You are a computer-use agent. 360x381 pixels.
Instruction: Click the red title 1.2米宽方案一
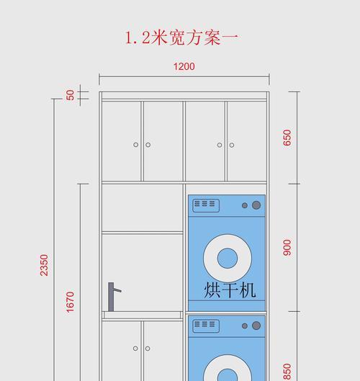pyautogui.click(x=181, y=37)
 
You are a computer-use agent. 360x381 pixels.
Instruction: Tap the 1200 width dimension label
pyautogui.click(x=184, y=66)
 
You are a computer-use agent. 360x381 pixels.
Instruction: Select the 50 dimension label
pyautogui.click(x=71, y=95)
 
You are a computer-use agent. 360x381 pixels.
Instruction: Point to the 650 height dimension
pyautogui.click(x=287, y=138)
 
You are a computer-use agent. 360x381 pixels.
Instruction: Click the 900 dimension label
pyautogui.click(x=287, y=248)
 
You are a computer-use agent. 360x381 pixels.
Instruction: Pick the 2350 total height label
pyautogui.click(x=44, y=265)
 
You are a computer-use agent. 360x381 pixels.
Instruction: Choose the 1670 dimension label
pyautogui.click(x=70, y=302)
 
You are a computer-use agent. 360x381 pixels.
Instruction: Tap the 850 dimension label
pyautogui.click(x=287, y=372)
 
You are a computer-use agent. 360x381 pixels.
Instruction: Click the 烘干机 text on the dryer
pyautogui.click(x=230, y=290)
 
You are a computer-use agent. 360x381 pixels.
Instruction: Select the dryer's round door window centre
pyautogui.click(x=228, y=258)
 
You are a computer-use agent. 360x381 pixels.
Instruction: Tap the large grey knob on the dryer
pyautogui.click(x=256, y=205)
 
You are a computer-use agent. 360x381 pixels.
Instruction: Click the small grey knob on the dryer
pyautogui.click(x=245, y=205)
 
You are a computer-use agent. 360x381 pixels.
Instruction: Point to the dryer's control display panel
pyautogui.click(x=206, y=205)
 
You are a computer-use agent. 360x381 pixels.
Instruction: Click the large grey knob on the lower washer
pyautogui.click(x=256, y=326)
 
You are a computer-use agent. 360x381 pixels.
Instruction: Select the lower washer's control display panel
pyautogui.click(x=206, y=326)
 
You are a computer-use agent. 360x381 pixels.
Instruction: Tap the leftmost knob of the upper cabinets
pyautogui.click(x=136, y=145)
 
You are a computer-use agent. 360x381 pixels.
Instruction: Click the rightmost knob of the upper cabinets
pyautogui.click(x=232, y=145)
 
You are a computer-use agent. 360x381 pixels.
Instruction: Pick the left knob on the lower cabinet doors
pyautogui.click(x=135, y=349)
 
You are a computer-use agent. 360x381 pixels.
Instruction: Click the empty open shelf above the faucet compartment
pyautogui.click(x=143, y=208)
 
